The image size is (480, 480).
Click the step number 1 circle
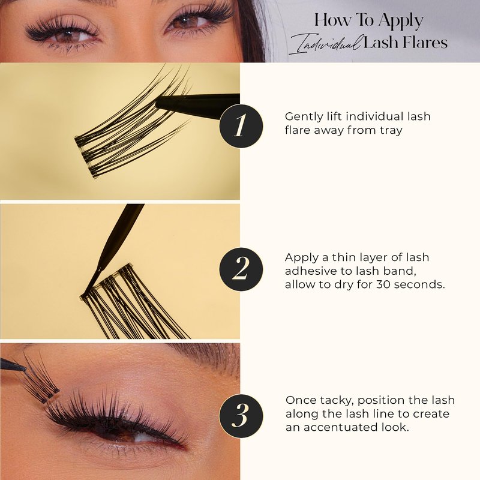tap(241, 126)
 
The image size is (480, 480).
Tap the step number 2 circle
tap(241, 269)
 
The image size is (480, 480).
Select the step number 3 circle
tap(241, 416)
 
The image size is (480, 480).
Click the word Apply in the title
tap(401, 21)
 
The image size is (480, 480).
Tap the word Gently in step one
tap(304, 117)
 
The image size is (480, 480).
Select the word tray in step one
tap(391, 130)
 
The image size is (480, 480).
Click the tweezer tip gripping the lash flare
tap(158, 104)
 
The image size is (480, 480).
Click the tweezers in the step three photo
tap(12, 364)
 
